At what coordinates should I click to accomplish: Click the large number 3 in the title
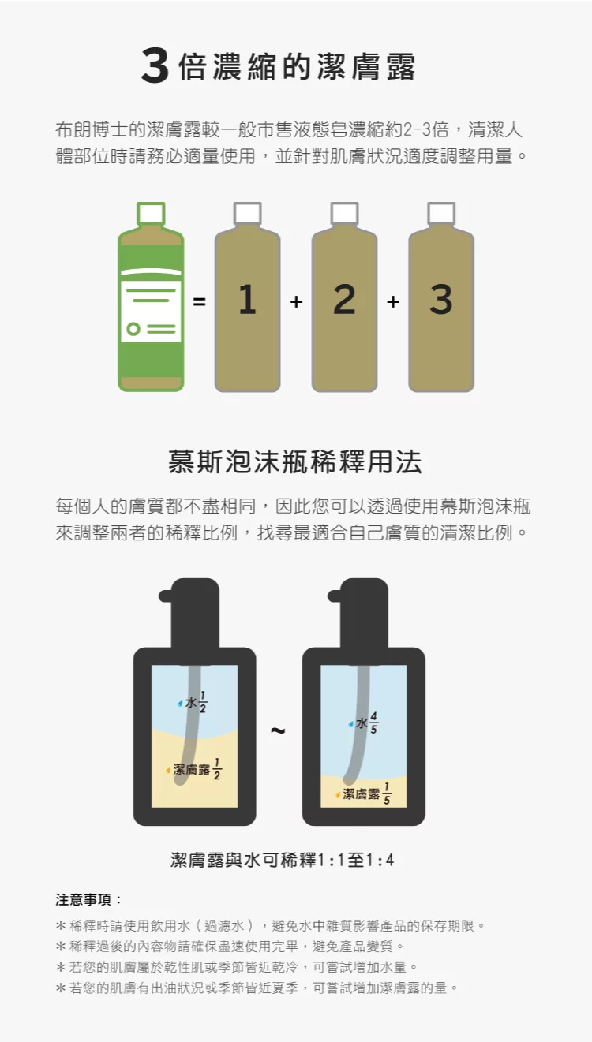155,65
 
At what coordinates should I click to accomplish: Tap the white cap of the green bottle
151,214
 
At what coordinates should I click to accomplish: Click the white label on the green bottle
151,312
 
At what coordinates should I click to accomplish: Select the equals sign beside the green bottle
199,302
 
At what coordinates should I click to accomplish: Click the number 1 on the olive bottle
247,299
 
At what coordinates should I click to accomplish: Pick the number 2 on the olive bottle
344,299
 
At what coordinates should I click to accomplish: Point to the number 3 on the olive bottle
440,299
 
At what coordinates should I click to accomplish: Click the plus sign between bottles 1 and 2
296,302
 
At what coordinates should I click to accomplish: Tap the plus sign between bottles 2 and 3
393,302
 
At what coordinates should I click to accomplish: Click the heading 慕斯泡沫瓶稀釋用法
295,462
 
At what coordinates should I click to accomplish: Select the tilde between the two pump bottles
277,730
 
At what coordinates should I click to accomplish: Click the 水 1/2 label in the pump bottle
193,702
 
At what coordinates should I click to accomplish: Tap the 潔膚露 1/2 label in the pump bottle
193,769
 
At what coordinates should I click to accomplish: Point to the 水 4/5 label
363,723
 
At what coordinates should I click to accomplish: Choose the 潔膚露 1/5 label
363,794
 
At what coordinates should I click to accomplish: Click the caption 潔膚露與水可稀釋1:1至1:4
282,860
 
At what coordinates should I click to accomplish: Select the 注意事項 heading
88,900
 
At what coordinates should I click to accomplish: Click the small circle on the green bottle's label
133,328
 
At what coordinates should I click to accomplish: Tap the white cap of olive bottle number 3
441,214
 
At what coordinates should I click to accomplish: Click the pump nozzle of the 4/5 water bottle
336,596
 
